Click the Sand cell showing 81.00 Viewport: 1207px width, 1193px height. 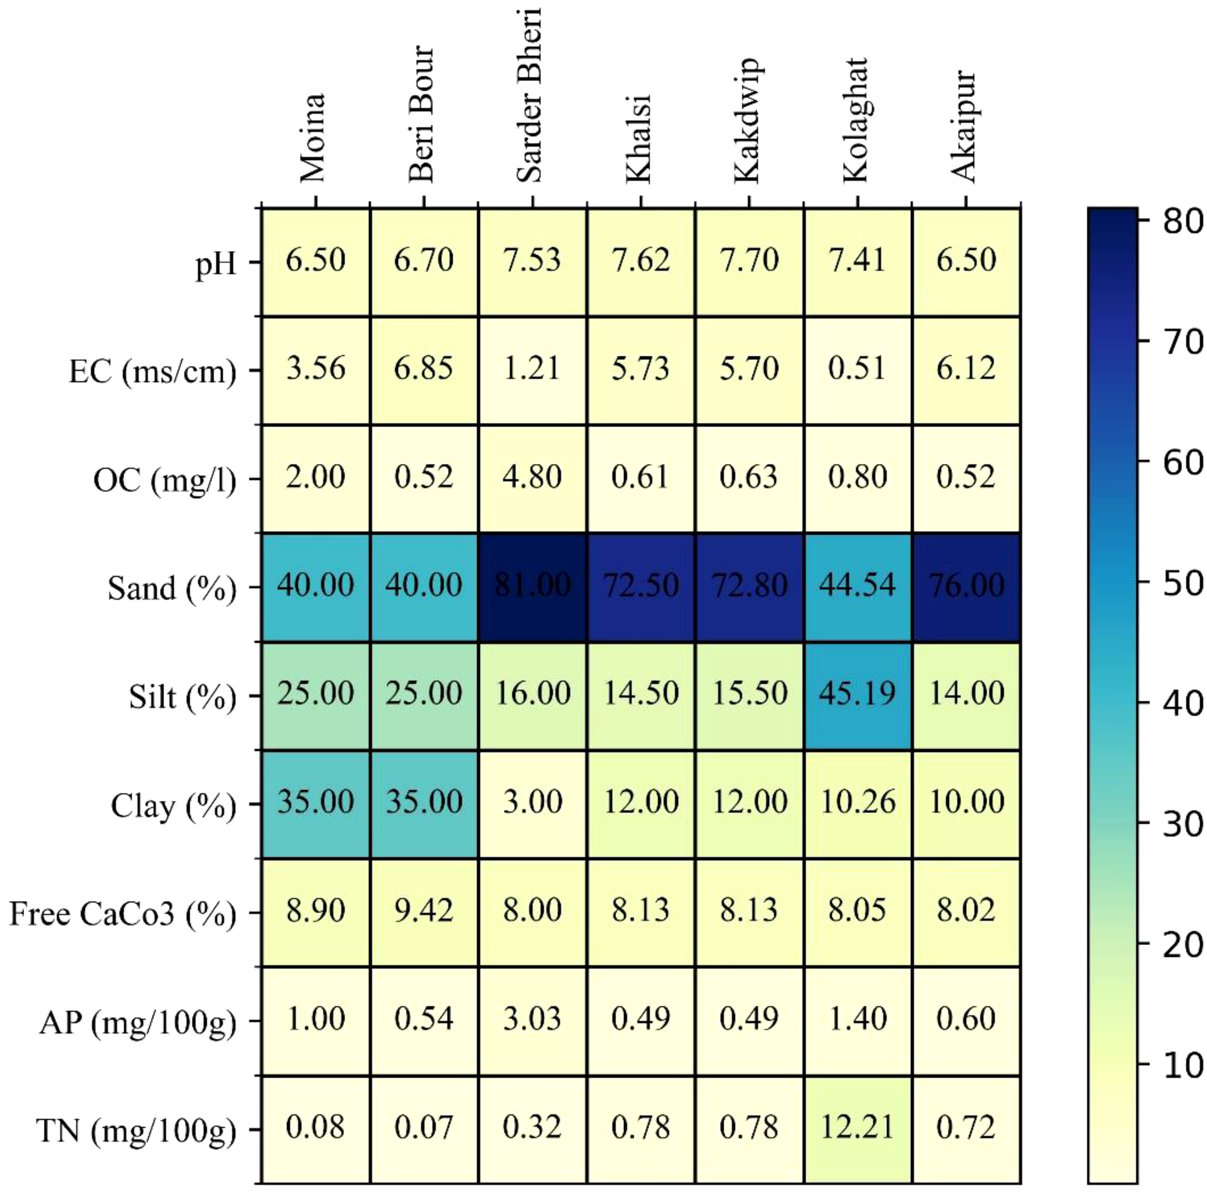532,585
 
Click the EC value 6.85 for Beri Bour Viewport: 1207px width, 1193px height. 423,369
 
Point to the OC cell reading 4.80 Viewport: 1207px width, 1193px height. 532,477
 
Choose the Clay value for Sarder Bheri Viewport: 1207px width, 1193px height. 532,802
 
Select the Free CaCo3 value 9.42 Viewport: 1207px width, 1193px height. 423,910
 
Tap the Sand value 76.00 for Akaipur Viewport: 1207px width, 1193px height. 966,585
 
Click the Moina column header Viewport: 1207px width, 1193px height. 312,138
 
